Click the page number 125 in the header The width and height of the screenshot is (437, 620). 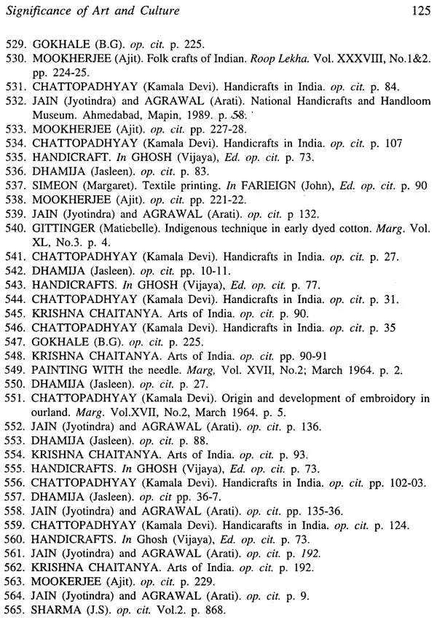tap(420, 10)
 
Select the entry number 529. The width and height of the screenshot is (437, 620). tap(15, 43)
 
